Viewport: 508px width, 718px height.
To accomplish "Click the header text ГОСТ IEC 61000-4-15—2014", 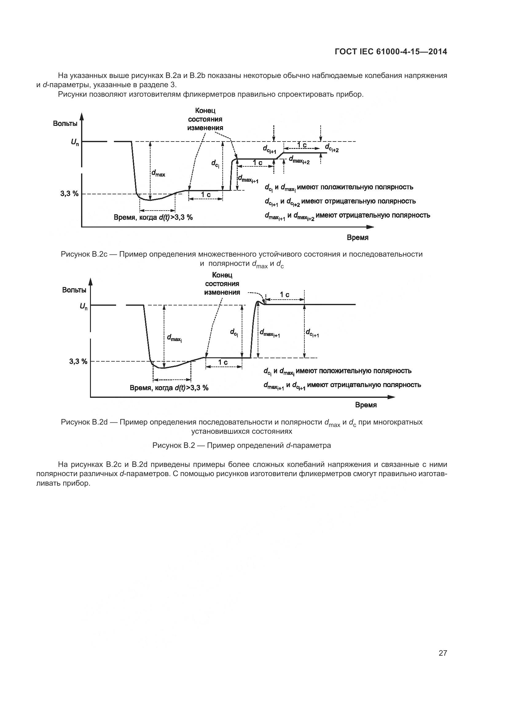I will tap(391, 52).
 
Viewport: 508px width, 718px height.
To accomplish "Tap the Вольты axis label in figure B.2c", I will tap(65, 123).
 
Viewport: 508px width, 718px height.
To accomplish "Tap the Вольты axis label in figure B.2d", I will tap(74, 290).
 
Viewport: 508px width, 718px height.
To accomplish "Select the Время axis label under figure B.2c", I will tap(358, 237).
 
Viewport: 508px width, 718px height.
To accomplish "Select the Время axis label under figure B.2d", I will tap(366, 405).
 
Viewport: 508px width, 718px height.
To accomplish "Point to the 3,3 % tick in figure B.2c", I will tap(69, 194).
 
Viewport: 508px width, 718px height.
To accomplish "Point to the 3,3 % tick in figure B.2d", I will tap(78, 361).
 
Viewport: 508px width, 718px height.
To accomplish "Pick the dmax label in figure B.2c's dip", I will tap(158, 173).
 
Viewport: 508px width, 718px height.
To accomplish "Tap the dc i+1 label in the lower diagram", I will tap(312, 333).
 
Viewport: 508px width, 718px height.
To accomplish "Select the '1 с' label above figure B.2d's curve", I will tap(284, 295).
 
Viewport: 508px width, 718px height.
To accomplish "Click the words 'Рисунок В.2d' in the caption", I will tap(84, 422).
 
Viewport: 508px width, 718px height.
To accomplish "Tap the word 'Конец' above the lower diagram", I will tap(222, 275).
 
